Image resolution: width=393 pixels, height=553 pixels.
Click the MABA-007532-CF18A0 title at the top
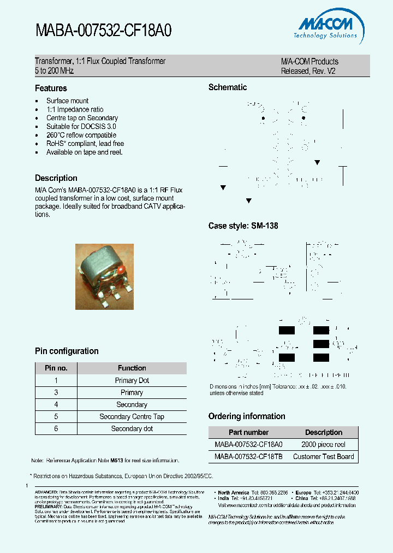103,31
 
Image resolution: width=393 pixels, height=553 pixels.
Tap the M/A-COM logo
325,28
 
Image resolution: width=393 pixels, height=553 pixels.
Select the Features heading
51,88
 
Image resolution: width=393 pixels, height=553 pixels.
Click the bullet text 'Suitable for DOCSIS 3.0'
81,126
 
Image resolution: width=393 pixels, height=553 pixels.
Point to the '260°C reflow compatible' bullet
81,135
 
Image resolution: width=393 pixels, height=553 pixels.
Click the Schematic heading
228,87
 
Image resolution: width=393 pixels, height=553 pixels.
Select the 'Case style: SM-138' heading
243,226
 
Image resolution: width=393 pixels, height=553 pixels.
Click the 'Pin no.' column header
56,368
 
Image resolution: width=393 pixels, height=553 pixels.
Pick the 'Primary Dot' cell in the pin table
132,380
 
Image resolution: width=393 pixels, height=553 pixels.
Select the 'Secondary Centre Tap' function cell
132,416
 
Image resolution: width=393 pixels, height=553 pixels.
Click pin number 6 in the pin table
56,429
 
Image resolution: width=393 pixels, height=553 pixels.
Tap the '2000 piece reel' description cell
323,444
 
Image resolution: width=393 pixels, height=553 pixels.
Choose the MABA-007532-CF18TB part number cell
248,457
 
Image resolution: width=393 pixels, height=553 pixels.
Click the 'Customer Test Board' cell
323,457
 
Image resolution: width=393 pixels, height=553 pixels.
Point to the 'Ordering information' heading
247,416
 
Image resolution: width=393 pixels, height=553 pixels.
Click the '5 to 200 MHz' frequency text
54,71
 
